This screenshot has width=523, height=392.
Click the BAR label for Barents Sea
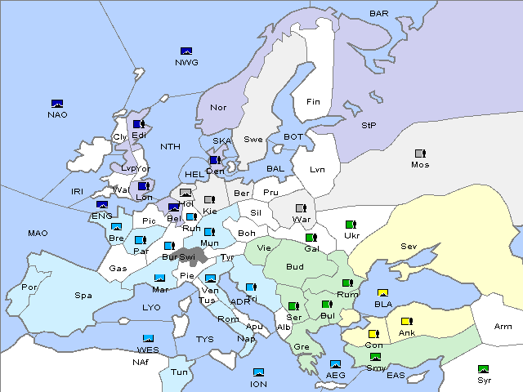point(379,13)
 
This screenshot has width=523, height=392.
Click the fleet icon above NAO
point(57,104)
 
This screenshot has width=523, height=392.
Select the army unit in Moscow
point(420,154)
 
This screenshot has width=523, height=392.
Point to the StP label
point(369,125)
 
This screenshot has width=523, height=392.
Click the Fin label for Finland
point(313,102)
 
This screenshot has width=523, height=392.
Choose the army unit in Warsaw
point(301,208)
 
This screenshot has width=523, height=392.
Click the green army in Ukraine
point(351,225)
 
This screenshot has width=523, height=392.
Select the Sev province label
point(409,246)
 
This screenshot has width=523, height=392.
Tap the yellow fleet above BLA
point(382,293)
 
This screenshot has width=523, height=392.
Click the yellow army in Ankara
point(406,322)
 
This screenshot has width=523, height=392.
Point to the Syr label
point(484,380)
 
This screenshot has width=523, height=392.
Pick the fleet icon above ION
point(258,373)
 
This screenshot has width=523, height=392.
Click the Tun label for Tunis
point(179,372)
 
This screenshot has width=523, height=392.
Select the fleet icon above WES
point(149,338)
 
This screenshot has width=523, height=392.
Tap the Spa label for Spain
point(83,296)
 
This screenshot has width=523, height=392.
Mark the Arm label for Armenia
point(503,327)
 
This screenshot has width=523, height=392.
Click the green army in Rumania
point(348,283)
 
